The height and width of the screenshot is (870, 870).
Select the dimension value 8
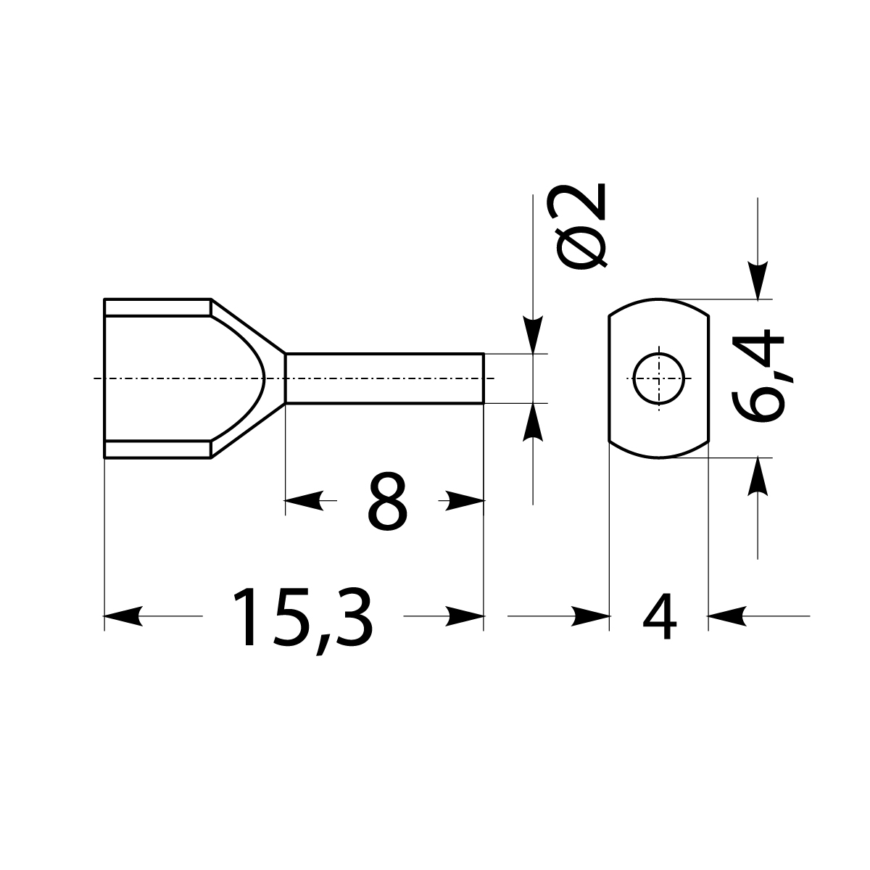[388, 501]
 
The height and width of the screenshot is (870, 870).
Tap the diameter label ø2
[579, 228]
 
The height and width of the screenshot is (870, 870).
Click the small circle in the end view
[658, 378]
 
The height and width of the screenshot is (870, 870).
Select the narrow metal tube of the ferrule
[384, 378]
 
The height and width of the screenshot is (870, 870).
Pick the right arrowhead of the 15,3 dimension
[467, 616]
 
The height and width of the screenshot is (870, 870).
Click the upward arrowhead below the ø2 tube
[533, 420]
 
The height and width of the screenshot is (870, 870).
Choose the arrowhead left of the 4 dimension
[591, 616]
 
